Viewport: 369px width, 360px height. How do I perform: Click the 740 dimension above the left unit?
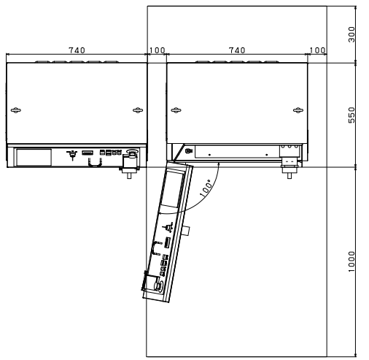(77, 50)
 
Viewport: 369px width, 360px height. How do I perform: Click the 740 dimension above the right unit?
(237, 50)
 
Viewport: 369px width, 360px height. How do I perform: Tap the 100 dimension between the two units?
(157, 50)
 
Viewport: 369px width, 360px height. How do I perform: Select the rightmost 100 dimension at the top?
(317, 50)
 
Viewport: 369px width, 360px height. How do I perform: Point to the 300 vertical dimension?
(351, 34)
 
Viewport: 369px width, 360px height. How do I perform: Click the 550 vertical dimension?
(351, 115)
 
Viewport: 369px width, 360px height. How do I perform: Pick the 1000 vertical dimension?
(351, 261)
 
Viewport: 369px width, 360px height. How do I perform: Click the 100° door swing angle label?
(206, 188)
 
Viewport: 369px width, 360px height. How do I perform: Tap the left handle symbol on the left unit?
(16, 110)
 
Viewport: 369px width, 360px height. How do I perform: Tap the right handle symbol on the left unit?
(138, 110)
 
